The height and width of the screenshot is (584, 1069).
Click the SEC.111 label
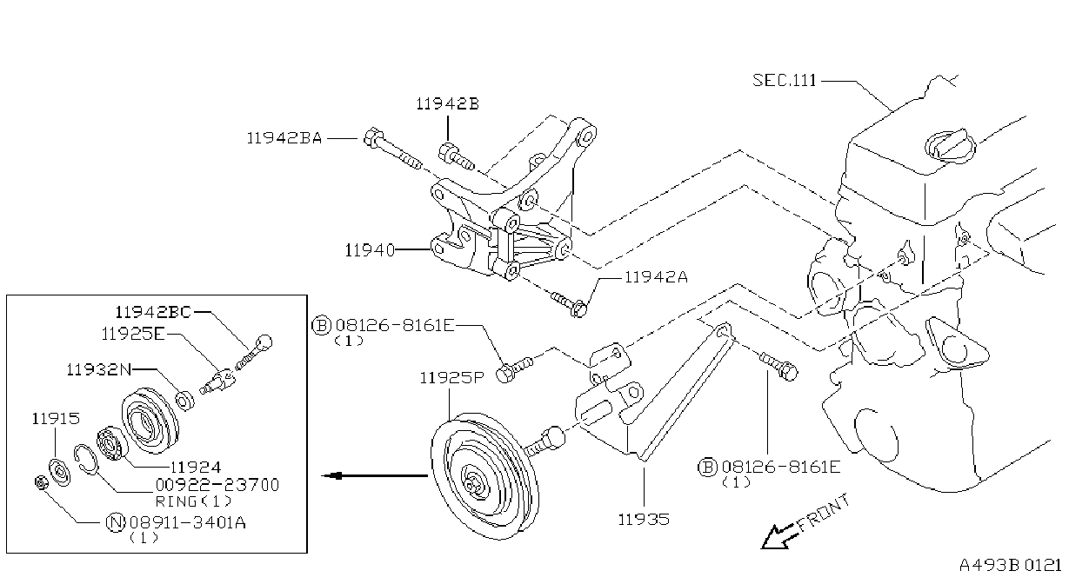pos(785,80)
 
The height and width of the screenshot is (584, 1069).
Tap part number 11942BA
pos(284,138)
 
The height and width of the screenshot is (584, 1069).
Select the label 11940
pos(370,249)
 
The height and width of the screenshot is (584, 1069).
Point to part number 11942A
pos(656,277)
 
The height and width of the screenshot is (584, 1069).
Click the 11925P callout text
pos(451,378)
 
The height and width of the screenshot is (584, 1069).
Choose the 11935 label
pos(644,519)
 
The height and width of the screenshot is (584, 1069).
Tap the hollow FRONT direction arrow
pos(778,537)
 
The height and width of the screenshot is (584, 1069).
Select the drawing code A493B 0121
pos(1010,566)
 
